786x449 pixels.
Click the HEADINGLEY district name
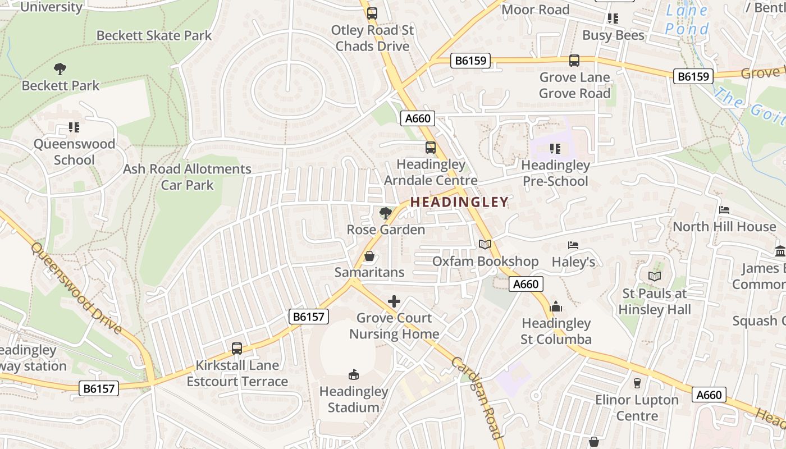[459, 202]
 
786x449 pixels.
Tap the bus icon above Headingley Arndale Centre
[431, 148]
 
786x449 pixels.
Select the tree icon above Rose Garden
[385, 213]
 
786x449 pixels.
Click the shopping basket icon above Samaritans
[369, 256]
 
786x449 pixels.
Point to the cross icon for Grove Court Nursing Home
[394, 301]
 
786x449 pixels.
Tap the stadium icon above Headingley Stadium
[354, 374]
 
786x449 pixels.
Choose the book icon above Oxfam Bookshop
[485, 245]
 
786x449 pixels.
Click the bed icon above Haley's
[573, 245]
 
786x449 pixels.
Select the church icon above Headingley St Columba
[556, 306]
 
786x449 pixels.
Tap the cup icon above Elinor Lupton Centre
[637, 383]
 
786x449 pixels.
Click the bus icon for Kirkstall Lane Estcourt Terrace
[237, 348]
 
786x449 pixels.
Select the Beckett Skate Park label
[154, 35]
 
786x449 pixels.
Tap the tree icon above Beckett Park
[60, 69]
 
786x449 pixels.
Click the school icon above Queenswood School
[74, 127]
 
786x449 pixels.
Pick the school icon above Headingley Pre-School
[555, 149]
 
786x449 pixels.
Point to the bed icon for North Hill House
[724, 210]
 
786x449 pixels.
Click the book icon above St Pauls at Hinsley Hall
[654, 276]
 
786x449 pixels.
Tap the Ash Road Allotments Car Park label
[187, 177]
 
